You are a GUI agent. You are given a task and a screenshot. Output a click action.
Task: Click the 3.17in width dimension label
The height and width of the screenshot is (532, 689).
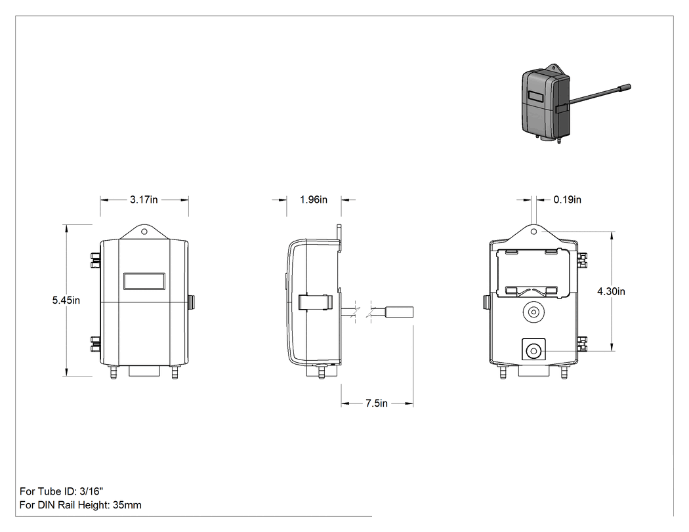coord(144,200)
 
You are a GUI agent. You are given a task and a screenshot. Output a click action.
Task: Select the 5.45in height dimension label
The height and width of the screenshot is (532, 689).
coord(66,300)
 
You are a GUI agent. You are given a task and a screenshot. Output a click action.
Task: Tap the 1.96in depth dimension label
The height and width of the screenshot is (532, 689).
coord(313,200)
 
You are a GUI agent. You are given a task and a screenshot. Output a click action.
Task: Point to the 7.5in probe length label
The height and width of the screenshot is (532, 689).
coord(377,403)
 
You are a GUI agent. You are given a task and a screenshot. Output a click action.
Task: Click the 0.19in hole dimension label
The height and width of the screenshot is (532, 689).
coord(568,200)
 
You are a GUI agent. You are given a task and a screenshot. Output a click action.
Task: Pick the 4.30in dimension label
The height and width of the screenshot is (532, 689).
coord(611,291)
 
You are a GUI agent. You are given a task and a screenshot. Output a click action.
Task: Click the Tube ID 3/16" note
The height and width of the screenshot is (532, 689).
coord(62,491)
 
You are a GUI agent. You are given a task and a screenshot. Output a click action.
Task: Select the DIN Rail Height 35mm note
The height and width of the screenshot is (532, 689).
coord(81,505)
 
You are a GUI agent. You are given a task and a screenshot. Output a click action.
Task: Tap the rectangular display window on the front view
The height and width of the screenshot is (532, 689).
coord(144,281)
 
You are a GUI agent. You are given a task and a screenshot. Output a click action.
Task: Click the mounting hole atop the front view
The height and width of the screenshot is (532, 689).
coord(144,232)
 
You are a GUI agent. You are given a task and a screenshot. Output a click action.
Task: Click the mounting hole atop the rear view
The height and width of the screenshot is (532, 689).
coord(534,232)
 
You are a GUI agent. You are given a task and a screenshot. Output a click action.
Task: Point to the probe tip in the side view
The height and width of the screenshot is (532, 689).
coord(399,312)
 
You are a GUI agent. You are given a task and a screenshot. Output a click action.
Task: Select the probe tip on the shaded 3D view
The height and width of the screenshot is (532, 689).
coord(625,87)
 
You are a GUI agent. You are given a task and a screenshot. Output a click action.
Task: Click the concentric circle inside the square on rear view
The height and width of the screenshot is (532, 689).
coord(533,350)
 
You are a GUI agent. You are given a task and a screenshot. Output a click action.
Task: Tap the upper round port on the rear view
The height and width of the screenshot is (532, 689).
coord(533,312)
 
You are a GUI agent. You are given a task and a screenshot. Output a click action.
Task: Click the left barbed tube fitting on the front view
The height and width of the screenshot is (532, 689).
coord(114,373)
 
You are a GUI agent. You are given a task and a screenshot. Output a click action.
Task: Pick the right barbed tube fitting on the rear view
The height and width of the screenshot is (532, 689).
coord(564,373)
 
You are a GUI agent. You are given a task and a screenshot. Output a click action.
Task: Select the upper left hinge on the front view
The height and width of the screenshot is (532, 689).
coord(95,260)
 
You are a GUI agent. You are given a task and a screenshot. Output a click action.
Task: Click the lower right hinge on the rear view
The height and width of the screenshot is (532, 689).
coord(582,344)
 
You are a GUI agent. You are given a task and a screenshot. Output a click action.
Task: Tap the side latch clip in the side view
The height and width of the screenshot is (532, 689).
coord(315,302)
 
